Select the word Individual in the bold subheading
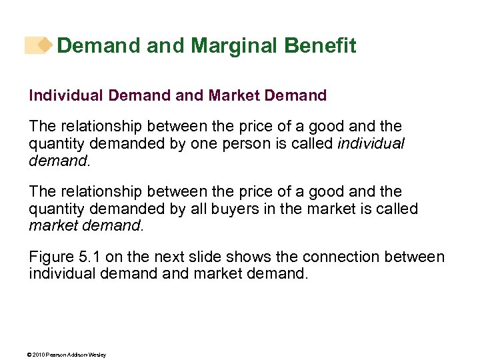(61, 96)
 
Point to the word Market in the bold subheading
(234, 96)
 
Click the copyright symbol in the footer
(31, 355)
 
